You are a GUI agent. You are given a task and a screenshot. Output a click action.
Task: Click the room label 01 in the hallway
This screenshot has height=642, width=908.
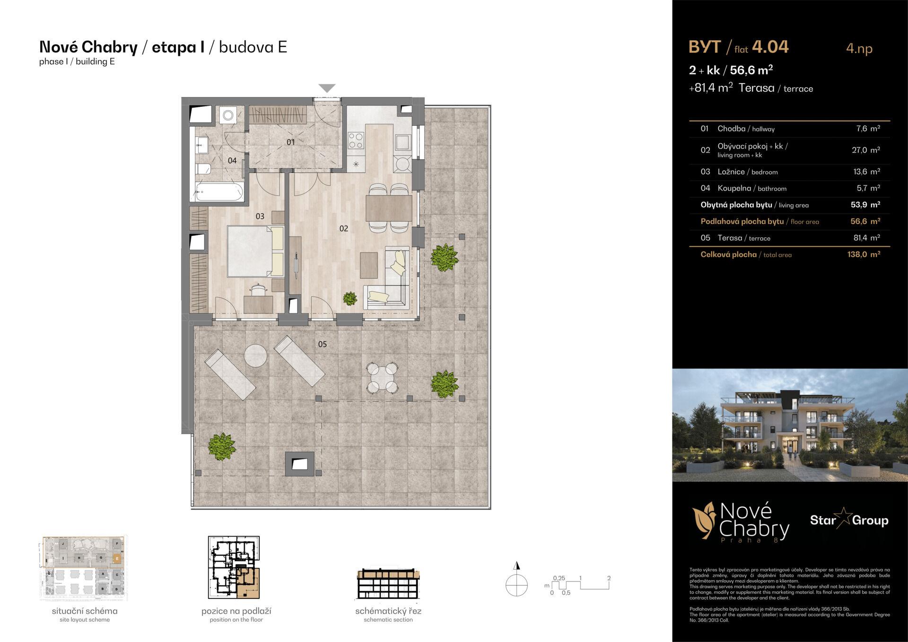point(290,142)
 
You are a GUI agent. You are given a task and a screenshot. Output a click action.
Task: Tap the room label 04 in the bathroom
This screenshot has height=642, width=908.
point(232,161)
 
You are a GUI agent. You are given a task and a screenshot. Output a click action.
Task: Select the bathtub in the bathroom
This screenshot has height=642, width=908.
point(219,192)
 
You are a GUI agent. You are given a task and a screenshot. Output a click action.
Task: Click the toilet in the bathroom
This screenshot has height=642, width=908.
point(202,168)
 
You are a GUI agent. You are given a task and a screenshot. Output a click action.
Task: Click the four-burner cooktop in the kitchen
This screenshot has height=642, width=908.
point(356,140)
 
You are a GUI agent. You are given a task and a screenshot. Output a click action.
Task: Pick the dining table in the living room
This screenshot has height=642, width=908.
point(389,208)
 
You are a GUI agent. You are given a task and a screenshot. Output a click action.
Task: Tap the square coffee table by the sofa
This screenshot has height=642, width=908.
point(369,265)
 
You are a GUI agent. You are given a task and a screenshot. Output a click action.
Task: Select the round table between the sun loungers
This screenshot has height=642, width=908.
point(256,356)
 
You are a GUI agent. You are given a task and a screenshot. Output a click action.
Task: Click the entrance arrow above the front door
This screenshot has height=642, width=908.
point(327,88)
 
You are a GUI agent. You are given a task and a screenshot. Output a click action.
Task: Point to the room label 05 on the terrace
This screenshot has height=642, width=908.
point(322,344)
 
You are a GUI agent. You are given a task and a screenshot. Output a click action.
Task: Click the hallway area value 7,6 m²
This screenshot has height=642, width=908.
point(868,129)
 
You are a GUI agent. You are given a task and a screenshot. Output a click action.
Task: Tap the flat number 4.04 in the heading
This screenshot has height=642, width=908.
point(770,47)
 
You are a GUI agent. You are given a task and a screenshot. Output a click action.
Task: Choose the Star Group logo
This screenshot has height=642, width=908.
point(849,521)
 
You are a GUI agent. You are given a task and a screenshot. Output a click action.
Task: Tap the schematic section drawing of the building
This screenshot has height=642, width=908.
point(388,584)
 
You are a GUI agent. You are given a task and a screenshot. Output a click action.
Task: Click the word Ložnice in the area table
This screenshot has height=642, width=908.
point(731,172)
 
